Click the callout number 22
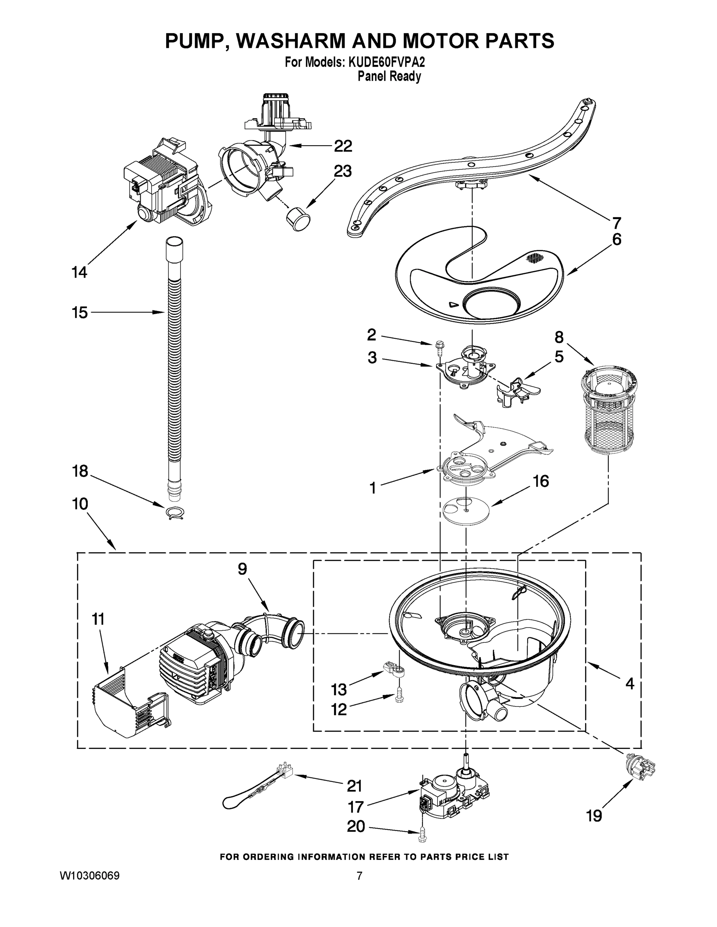(x=343, y=146)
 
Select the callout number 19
(x=594, y=816)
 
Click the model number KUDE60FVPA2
(x=387, y=63)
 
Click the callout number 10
(x=80, y=504)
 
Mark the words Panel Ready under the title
(x=389, y=77)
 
